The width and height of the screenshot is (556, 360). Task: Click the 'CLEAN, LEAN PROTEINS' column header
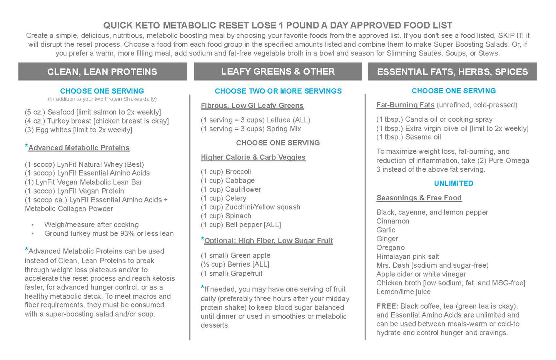tap(102, 72)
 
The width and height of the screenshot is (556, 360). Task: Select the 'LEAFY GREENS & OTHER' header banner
tap(278, 72)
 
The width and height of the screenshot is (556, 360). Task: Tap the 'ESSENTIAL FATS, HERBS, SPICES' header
tap(452, 72)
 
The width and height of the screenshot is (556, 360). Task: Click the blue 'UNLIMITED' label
tap(454, 183)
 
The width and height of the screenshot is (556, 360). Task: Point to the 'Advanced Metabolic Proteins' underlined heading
tap(79, 148)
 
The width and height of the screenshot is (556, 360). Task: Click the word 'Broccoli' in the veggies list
tap(238, 172)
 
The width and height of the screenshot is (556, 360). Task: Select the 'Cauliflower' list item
tap(243, 189)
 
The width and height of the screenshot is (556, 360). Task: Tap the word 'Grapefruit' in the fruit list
tap(246, 273)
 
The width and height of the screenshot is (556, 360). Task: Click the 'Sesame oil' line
tap(409, 137)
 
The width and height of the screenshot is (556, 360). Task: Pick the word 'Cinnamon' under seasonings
tap(392, 221)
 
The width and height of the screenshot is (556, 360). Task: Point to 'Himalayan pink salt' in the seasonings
tap(407, 256)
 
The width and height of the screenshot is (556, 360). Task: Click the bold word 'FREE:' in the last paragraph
tap(387, 306)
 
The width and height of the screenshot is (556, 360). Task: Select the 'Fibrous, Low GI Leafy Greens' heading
tap(252, 105)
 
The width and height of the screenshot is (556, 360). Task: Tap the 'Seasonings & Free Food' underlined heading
tap(419, 198)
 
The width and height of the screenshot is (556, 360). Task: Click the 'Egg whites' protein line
tap(78, 130)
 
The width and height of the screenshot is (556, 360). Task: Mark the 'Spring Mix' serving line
tap(250, 129)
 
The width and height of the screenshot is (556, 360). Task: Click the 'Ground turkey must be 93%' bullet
tap(109, 233)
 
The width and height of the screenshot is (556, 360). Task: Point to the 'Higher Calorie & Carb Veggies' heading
tap(253, 157)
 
